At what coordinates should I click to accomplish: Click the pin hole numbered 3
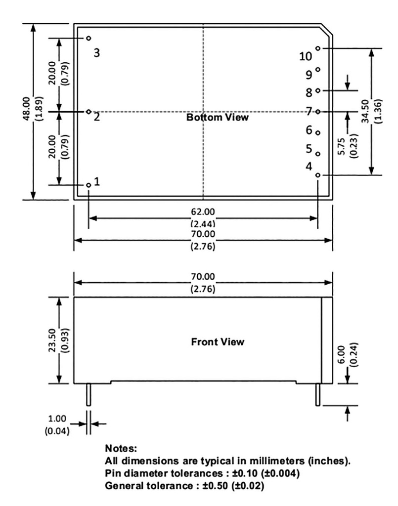pyautogui.click(x=88, y=38)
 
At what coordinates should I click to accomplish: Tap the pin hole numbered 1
pyautogui.click(x=88, y=185)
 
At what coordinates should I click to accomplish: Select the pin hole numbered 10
pyautogui.click(x=318, y=48)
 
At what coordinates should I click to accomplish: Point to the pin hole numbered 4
pyautogui.click(x=318, y=175)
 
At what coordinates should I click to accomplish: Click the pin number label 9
pyautogui.click(x=309, y=75)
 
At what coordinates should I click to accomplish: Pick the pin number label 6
pyautogui.click(x=309, y=130)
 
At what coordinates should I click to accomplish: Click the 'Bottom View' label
pyautogui.click(x=218, y=118)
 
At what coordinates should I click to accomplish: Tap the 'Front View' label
pyautogui.click(x=218, y=342)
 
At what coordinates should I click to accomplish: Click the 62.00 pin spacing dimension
pyautogui.click(x=203, y=212)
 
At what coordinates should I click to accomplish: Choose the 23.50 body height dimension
pyautogui.click(x=51, y=340)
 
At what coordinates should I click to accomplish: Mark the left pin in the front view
pyautogui.click(x=88, y=394)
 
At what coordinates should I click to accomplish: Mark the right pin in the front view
pyautogui.click(x=318, y=394)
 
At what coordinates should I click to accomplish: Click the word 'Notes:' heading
pyautogui.click(x=121, y=449)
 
